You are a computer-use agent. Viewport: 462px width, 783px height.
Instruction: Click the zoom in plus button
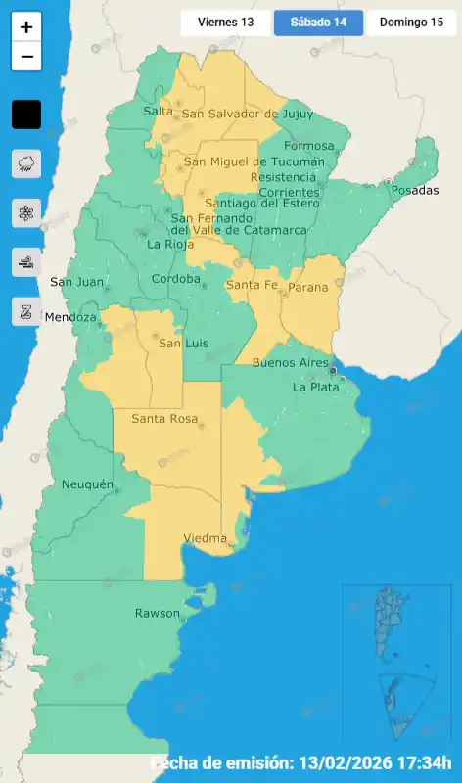tap(26, 27)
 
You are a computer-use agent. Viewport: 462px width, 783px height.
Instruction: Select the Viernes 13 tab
tap(225, 23)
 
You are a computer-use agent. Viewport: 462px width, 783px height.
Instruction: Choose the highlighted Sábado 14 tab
tap(318, 23)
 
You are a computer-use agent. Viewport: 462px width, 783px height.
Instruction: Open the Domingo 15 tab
tap(411, 23)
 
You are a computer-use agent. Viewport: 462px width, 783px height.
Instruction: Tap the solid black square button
tap(26, 115)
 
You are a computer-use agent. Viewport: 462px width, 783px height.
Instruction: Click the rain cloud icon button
tap(26, 163)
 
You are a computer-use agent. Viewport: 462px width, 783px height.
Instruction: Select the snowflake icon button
tap(26, 212)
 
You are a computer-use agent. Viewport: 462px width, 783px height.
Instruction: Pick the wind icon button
tap(26, 261)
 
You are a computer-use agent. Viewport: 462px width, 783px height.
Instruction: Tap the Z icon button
tap(26, 311)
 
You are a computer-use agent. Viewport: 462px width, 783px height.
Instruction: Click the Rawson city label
tap(157, 614)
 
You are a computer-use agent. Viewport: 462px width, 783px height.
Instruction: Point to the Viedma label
tap(206, 538)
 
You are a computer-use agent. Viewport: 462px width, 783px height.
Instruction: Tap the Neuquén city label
tap(88, 484)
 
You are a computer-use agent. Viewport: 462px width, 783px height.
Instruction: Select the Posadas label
tap(415, 190)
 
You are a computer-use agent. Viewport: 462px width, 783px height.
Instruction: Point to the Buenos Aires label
tap(290, 363)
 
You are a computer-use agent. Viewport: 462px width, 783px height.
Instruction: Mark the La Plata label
tap(315, 387)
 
